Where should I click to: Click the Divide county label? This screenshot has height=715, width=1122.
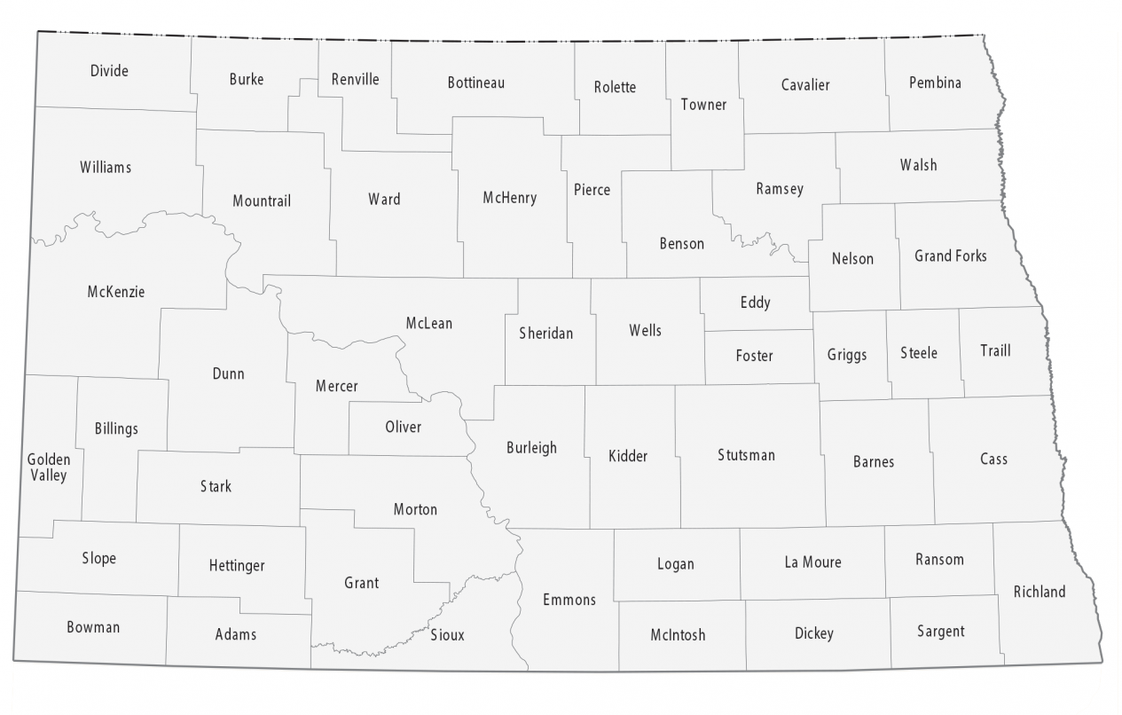pyautogui.click(x=109, y=71)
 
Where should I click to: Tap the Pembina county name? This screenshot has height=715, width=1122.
pyautogui.click(x=935, y=83)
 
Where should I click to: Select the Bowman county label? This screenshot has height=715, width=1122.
pyautogui.click(x=93, y=627)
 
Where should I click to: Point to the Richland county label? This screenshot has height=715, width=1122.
pyautogui.click(x=1040, y=592)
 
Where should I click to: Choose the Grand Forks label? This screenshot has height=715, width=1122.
pyautogui.click(x=950, y=256)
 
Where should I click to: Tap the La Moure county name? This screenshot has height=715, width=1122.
pyautogui.click(x=812, y=562)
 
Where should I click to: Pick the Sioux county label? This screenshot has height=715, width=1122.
pyautogui.click(x=447, y=635)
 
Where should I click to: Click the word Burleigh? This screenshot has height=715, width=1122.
pyautogui.click(x=531, y=448)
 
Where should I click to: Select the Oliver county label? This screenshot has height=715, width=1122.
pyautogui.click(x=403, y=427)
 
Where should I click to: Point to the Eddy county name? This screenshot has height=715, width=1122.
pyautogui.click(x=755, y=302)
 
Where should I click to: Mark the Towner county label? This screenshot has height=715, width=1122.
pyautogui.click(x=703, y=105)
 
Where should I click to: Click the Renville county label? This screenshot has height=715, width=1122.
pyautogui.click(x=355, y=79)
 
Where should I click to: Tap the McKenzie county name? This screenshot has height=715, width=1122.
pyautogui.click(x=116, y=292)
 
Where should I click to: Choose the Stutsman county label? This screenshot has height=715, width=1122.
pyautogui.click(x=746, y=455)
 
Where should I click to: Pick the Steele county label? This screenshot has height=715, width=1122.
pyautogui.click(x=918, y=353)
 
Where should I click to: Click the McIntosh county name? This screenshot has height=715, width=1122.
pyautogui.click(x=678, y=634)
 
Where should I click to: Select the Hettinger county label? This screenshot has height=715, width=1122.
pyautogui.click(x=237, y=565)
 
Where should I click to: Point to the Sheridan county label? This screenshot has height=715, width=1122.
pyautogui.click(x=545, y=334)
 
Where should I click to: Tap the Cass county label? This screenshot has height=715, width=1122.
pyautogui.click(x=993, y=459)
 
